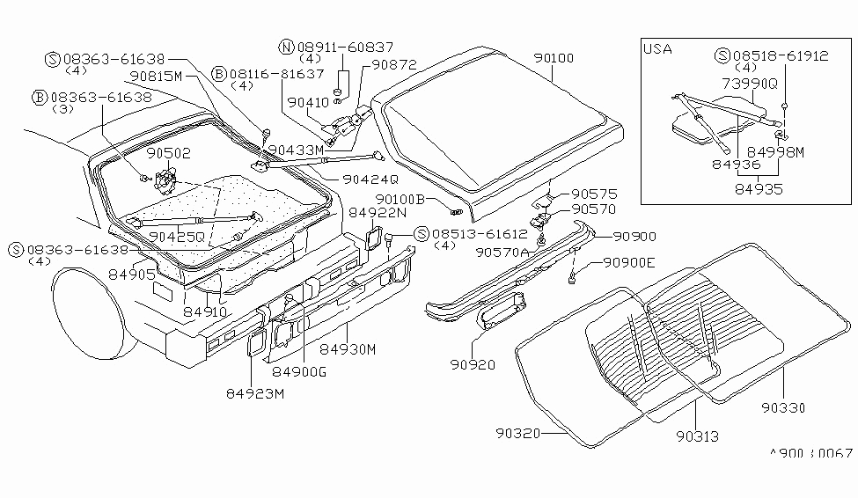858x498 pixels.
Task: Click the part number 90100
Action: coord(553,59)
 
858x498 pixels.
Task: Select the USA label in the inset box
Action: coord(656,48)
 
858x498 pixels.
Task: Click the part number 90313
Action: coord(697,436)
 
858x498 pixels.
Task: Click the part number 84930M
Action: coord(348,349)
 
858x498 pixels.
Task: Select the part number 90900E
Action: coord(629,262)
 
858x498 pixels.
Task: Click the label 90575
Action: coord(595,194)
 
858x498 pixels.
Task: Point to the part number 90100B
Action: coord(400,200)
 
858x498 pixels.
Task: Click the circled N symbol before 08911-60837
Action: coord(286,47)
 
